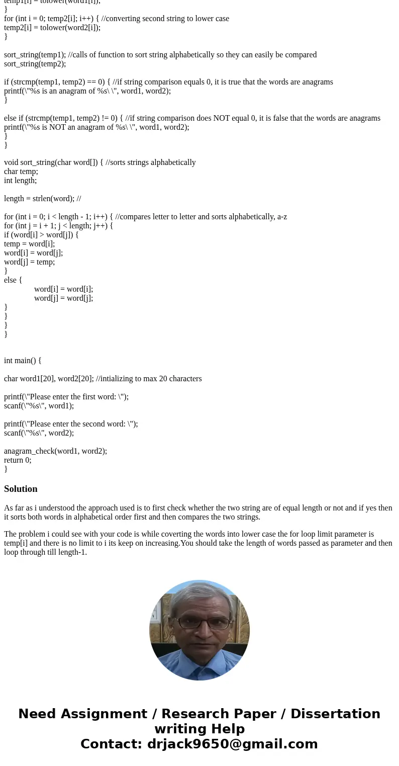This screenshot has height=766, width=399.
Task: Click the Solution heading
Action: pyautogui.click(x=21, y=489)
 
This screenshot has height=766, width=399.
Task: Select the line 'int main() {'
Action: pyautogui.click(x=23, y=360)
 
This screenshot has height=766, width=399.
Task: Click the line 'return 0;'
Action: pyautogui.click(x=18, y=460)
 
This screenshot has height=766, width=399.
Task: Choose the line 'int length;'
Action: pyautogui.click(x=20, y=180)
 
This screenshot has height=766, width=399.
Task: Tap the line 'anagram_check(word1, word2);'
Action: pyautogui.click(x=55, y=451)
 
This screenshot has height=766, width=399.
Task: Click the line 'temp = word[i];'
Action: pyautogui.click(x=29, y=243)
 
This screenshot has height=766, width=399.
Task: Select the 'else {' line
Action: pyautogui.click(x=13, y=280)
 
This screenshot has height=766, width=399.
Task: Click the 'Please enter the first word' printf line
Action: pyautogui.click(x=66, y=396)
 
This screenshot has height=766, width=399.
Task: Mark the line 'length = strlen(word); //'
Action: pyautogui.click(x=42, y=198)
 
